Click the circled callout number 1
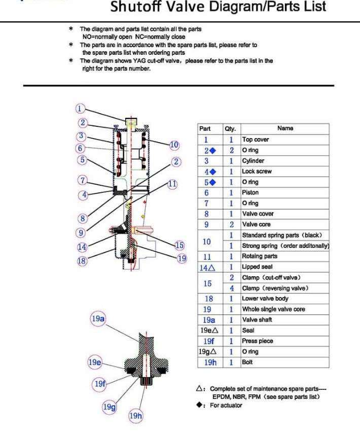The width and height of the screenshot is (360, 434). pos(80,108)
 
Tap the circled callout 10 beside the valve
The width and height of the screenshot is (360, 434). pos(174,145)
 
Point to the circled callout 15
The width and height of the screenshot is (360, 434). pos(178,246)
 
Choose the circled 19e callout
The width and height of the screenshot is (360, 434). pos(94,363)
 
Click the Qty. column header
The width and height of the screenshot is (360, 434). pos(230,129)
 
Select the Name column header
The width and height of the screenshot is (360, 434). pos(285,128)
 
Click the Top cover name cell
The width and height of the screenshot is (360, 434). pos(256,140)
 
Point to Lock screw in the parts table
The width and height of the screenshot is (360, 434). pos(257,172)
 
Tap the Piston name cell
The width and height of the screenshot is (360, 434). pos(250,193)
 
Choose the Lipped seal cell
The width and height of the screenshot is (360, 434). pos(257,267)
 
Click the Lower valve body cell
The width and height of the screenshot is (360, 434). pos(263,299)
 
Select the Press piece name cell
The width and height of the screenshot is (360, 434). pos(257,341)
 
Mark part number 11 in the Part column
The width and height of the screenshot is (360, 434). pos(207,256)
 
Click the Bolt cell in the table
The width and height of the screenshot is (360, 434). pos(247,362)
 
